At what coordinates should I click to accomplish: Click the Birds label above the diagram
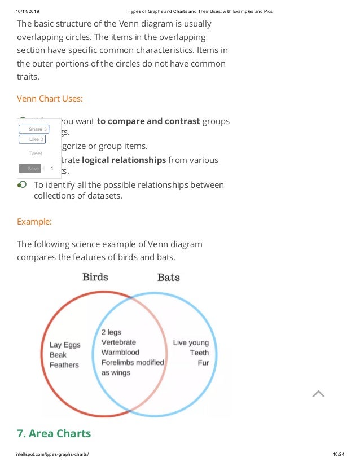95,277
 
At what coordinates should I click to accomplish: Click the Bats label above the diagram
168,277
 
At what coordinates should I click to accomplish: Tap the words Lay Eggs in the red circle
65,345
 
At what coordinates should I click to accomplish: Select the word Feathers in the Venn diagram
64,365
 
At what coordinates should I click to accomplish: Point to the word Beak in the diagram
58,355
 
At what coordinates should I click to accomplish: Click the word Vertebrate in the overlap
118,342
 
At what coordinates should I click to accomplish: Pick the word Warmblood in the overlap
120,353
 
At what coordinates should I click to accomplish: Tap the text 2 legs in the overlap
111,332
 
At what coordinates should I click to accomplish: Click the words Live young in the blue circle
191,342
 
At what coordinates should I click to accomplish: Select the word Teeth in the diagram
199,353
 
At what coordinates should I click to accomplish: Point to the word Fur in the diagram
203,363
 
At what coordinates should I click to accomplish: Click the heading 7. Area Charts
54,434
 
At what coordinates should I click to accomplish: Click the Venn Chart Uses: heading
50,99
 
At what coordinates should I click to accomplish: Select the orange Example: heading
34,222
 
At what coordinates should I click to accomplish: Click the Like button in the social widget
32,139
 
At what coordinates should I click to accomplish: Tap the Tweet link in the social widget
35,153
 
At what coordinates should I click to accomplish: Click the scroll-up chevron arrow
318,394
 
